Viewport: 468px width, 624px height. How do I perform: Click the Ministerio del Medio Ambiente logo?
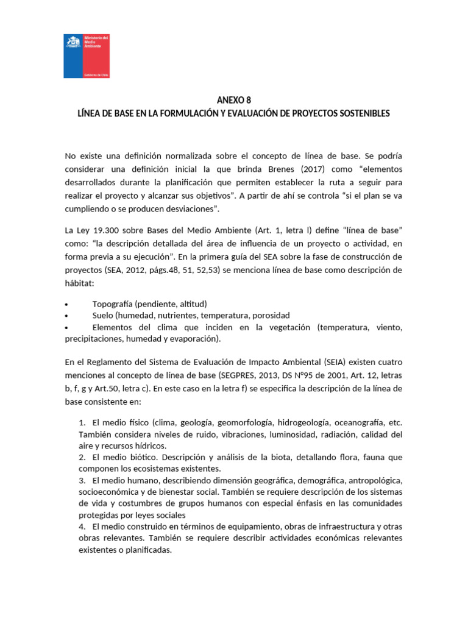tap(87, 55)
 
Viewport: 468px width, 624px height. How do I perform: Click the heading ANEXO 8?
tap(233, 100)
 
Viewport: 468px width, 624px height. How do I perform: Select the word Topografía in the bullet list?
tap(113, 303)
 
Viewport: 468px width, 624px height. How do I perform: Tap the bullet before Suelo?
tap(66, 316)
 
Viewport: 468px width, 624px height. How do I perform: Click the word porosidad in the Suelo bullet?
tap(270, 316)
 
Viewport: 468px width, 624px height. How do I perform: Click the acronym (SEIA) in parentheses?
tap(341, 363)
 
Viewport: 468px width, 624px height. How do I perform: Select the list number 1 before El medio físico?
tap(82, 422)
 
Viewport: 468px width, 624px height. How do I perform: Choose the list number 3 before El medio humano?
tap(82, 480)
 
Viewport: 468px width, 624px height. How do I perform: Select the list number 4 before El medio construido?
tap(82, 526)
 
